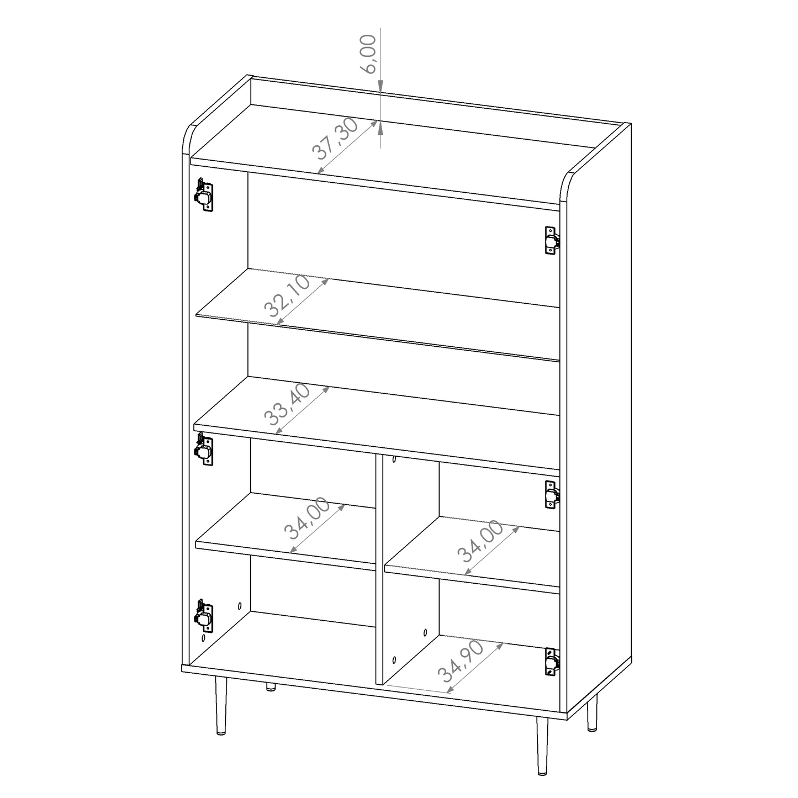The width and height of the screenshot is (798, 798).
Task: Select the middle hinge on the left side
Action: coord(203,448)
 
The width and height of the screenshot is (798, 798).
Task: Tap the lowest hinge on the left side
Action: coord(203,615)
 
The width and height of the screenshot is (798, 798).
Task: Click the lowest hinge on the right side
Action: coord(552,661)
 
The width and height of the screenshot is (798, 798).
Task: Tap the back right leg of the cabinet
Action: coord(592,712)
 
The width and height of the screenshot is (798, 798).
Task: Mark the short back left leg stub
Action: coord(271,687)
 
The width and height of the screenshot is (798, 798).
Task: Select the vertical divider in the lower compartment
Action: coord(380,569)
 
